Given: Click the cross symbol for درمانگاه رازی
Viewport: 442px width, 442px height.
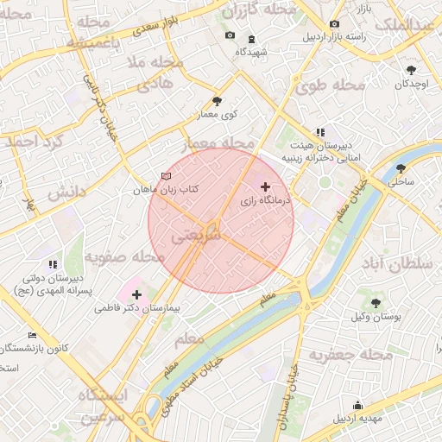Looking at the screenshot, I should (x=265, y=186).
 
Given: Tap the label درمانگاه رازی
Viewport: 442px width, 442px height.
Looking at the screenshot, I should (x=268, y=200).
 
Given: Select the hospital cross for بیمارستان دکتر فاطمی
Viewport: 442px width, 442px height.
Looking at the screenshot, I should (x=136, y=295).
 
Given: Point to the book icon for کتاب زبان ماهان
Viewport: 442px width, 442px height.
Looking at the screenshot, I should (x=167, y=175).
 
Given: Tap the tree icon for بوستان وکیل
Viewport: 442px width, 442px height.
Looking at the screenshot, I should (x=376, y=302).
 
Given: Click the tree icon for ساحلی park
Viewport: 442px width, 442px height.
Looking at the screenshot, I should (x=401, y=168).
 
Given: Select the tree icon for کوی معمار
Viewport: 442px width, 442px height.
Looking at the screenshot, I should (x=216, y=100).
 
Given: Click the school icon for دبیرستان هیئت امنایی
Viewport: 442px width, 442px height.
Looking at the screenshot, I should (x=320, y=132).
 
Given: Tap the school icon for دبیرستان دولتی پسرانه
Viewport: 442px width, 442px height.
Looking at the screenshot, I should (x=53, y=264).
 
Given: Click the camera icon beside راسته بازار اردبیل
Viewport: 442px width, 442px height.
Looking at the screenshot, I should (x=334, y=24).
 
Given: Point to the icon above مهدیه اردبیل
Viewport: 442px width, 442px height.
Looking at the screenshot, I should (x=358, y=406).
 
